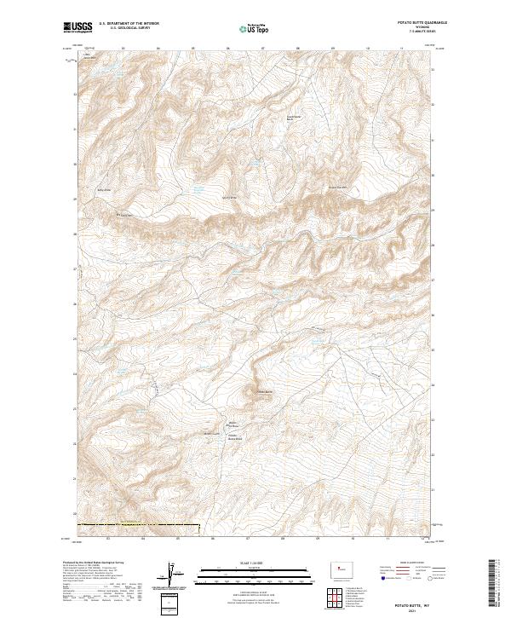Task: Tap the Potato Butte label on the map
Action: [261, 392]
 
